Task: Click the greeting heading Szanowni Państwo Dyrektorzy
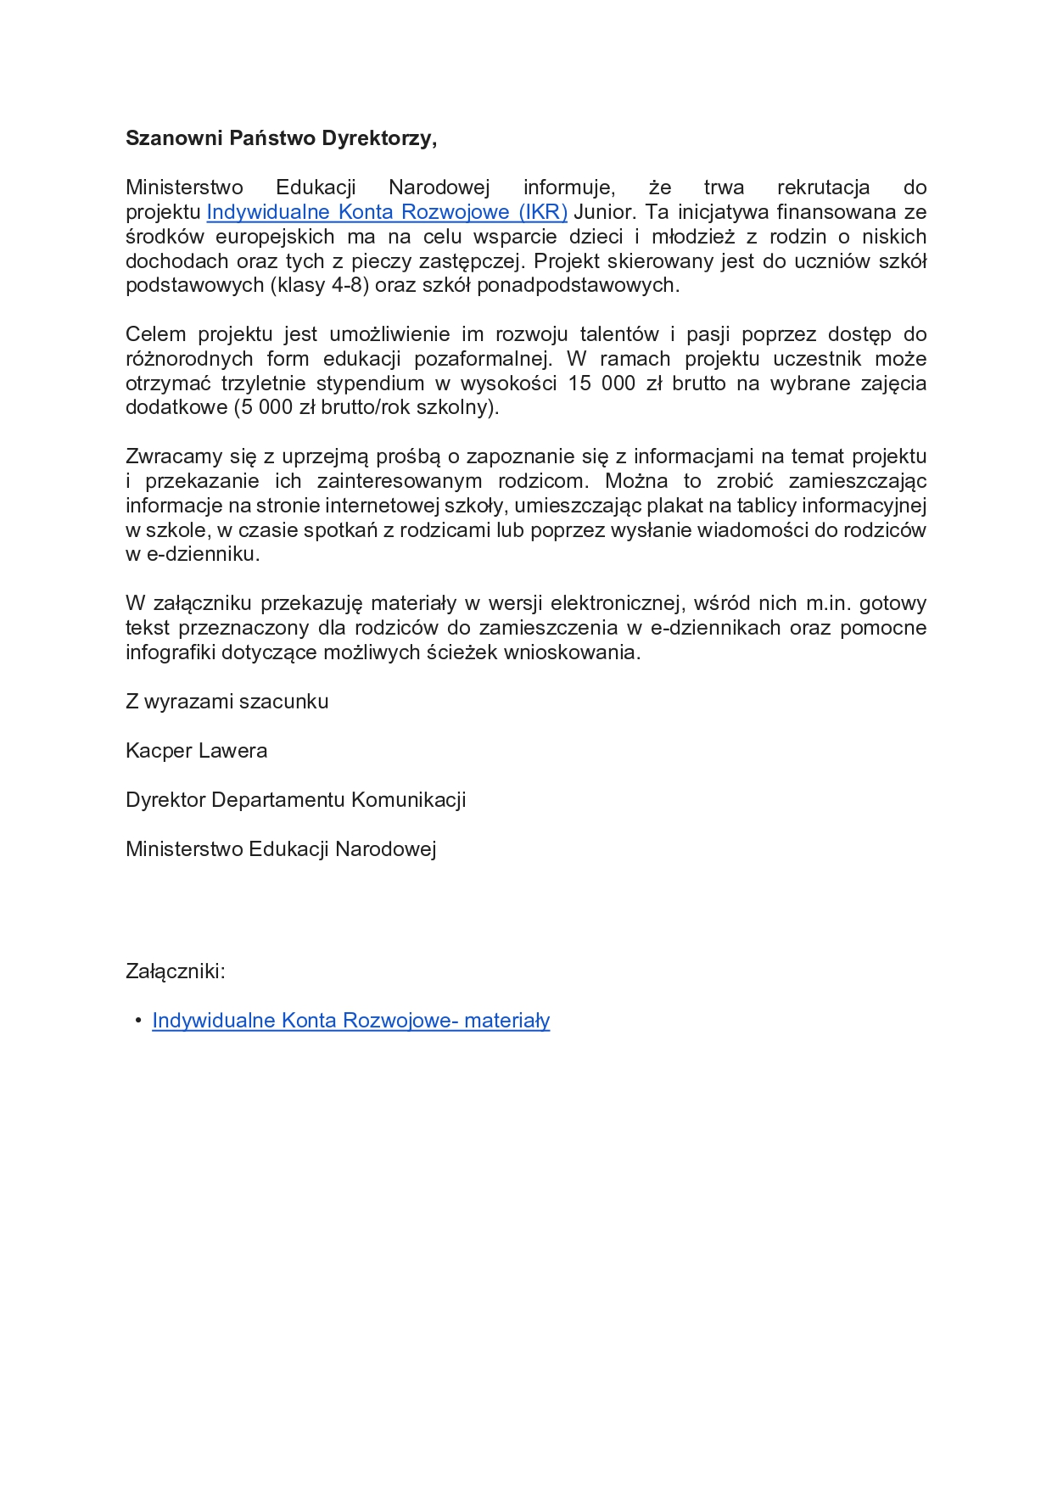click(x=281, y=138)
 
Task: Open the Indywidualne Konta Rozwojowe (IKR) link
click(x=387, y=212)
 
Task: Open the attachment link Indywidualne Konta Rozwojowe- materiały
click(x=350, y=1021)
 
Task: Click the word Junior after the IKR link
click(x=604, y=212)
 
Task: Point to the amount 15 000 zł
click(x=614, y=383)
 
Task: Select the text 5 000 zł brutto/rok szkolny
click(x=366, y=407)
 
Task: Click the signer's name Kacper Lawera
click(x=196, y=751)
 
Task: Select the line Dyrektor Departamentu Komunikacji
click(x=295, y=800)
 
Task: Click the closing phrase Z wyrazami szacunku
click(x=227, y=702)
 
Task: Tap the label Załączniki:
click(x=175, y=971)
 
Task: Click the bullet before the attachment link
click(x=138, y=1021)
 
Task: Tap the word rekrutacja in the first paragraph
click(x=823, y=188)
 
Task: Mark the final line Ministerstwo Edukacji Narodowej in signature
click(x=281, y=849)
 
